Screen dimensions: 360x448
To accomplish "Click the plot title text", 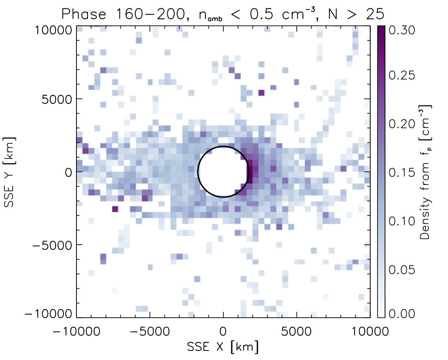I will (x=223, y=14).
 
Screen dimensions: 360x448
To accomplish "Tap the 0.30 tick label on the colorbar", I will (x=402, y=30).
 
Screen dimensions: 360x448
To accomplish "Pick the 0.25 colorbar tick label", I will (x=402, y=75).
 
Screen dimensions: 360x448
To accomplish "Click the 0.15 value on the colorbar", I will (x=402, y=173).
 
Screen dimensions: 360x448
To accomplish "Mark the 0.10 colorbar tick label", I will (x=402, y=221).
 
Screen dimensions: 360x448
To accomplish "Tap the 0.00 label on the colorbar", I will (x=402, y=313).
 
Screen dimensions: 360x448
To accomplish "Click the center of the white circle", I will (x=223, y=171).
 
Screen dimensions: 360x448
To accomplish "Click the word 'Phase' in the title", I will (x=84, y=14).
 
